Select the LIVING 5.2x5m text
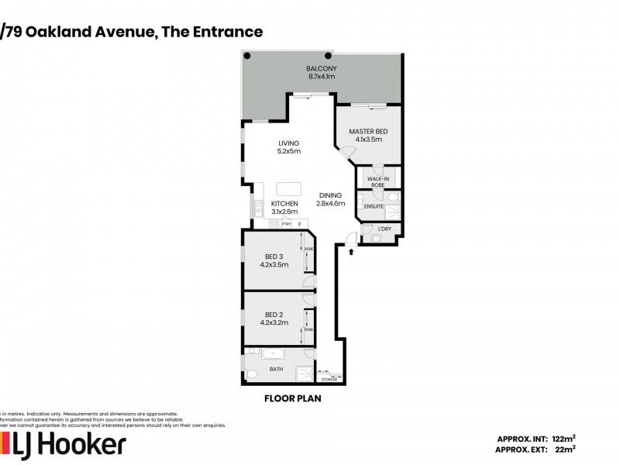[x=289, y=147]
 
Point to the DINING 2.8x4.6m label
[x=330, y=199]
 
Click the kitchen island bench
[x=288, y=189]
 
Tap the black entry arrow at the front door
[x=350, y=251]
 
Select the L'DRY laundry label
[x=384, y=229]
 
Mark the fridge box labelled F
[x=299, y=224]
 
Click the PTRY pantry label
[x=285, y=224]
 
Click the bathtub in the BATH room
[x=274, y=354]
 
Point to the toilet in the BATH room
[x=250, y=374]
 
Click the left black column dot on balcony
[x=248, y=56]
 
